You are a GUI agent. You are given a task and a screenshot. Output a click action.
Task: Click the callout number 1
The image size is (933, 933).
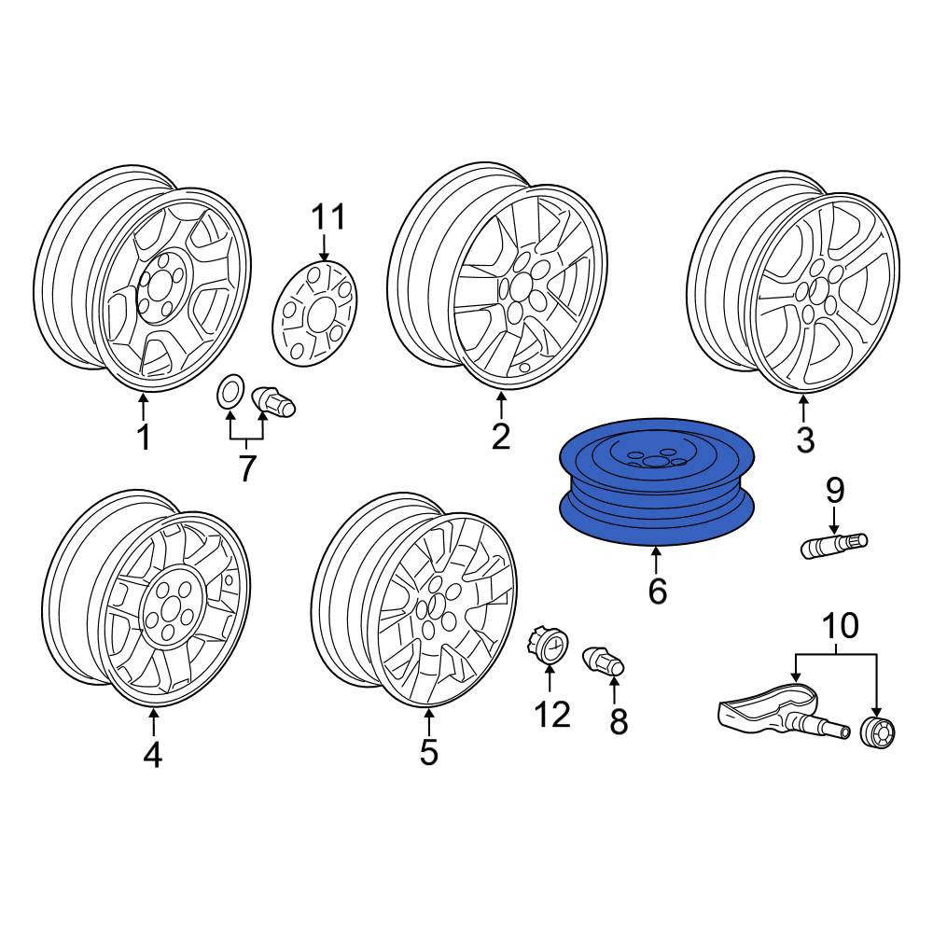(x=144, y=437)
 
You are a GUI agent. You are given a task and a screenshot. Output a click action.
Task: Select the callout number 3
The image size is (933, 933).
(x=805, y=439)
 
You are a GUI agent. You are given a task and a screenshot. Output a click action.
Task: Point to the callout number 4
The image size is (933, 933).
(x=153, y=755)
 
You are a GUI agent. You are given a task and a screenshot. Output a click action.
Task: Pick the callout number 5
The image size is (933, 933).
(x=428, y=752)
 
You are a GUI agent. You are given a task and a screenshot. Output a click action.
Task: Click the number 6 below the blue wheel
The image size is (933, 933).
(x=657, y=591)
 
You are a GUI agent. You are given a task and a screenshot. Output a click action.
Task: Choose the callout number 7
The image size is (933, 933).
(x=247, y=468)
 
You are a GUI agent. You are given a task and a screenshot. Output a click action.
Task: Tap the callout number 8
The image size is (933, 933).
(x=619, y=722)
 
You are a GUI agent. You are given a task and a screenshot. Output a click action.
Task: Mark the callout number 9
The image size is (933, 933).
(x=834, y=491)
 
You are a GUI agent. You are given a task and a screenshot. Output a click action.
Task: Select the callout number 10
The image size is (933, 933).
(x=841, y=626)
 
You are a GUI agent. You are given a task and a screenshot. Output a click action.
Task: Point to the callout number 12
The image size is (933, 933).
(x=552, y=715)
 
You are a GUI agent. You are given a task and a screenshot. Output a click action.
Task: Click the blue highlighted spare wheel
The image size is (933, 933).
(x=657, y=482)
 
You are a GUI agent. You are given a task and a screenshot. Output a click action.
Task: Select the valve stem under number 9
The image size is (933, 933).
(x=834, y=546)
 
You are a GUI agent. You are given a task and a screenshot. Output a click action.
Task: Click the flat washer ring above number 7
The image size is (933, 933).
(x=230, y=393)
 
